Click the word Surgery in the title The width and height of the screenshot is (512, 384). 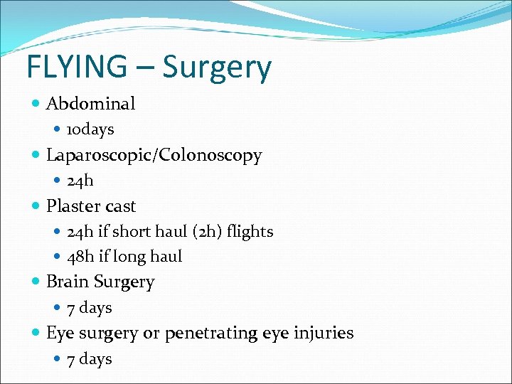point(217,68)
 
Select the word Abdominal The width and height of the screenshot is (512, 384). point(90,104)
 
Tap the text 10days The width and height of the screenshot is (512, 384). point(90,129)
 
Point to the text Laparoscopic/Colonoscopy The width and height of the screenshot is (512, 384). point(154,155)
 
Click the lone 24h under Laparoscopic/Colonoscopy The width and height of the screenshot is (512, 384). point(80,181)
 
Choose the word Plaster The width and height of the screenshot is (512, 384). point(73,206)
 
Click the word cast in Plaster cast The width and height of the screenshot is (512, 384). point(120,206)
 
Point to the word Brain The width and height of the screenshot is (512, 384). point(68,282)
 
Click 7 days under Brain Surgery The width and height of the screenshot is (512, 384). point(90,308)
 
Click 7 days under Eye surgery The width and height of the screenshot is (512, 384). point(90,359)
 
